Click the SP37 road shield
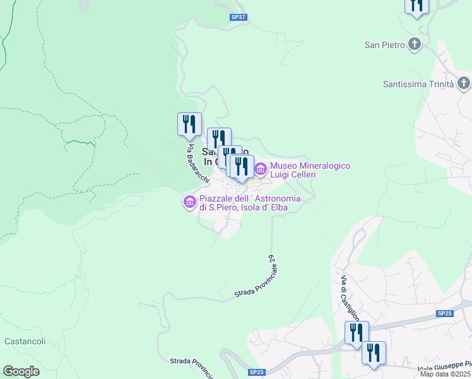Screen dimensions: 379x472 click(239, 18)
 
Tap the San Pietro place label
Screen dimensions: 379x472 click(384, 44)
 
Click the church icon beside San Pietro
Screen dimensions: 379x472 click(415, 44)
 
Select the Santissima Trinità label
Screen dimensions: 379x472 click(418, 84)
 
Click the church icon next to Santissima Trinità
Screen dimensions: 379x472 click(464, 83)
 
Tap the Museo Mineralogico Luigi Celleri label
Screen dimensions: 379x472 click(310, 170)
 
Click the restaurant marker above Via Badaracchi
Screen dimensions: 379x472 click(189, 124)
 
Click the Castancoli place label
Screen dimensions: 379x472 click(25, 341)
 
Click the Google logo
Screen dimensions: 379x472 click(21, 371)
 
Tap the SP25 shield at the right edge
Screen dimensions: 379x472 click(444, 313)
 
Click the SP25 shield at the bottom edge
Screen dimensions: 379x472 click(257, 373)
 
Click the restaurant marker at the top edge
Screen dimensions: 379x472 click(416, 5)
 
